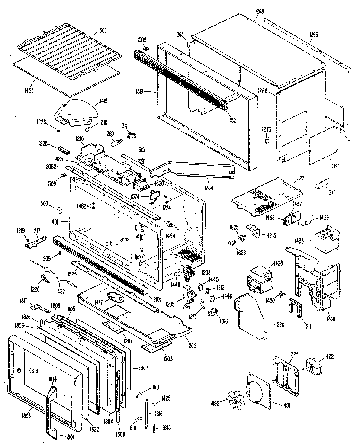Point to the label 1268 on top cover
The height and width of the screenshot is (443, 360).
[260, 11]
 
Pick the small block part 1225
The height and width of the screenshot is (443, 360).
[65, 150]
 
